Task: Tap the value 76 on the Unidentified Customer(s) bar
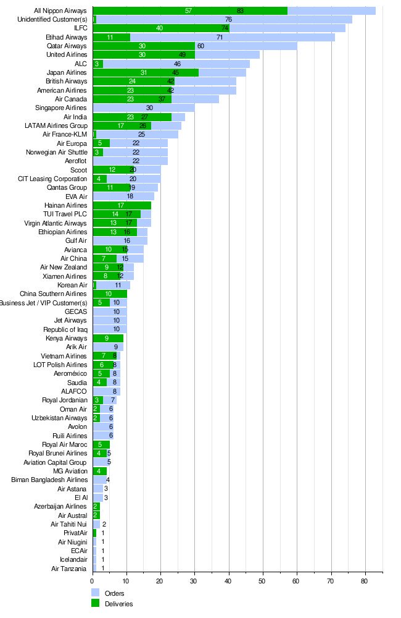(x=228, y=19)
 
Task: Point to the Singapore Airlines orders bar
(x=143, y=108)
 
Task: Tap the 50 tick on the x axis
(x=262, y=581)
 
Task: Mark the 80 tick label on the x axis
(x=364, y=581)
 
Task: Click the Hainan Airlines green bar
(x=122, y=205)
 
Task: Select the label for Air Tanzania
(x=68, y=569)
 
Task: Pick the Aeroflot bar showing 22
(x=130, y=161)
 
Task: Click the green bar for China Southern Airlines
(x=109, y=294)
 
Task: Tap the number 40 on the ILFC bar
(x=159, y=28)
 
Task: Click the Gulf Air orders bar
(x=120, y=240)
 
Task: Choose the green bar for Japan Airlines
(x=145, y=72)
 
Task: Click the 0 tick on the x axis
(x=93, y=581)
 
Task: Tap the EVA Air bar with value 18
(x=123, y=196)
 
